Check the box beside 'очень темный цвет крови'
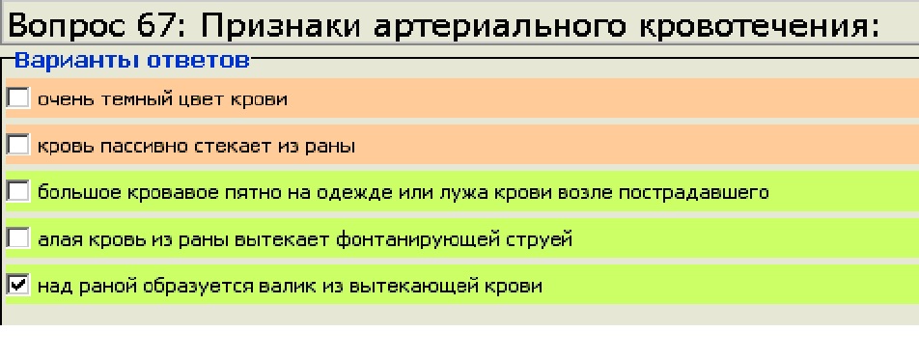(x=18, y=97)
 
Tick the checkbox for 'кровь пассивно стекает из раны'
(x=18, y=145)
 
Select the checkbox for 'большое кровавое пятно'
(x=18, y=191)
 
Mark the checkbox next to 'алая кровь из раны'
(x=18, y=238)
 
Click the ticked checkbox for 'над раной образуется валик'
(x=18, y=285)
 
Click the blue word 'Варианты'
(x=77, y=60)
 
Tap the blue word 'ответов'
(x=198, y=61)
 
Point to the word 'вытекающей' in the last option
(x=411, y=287)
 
